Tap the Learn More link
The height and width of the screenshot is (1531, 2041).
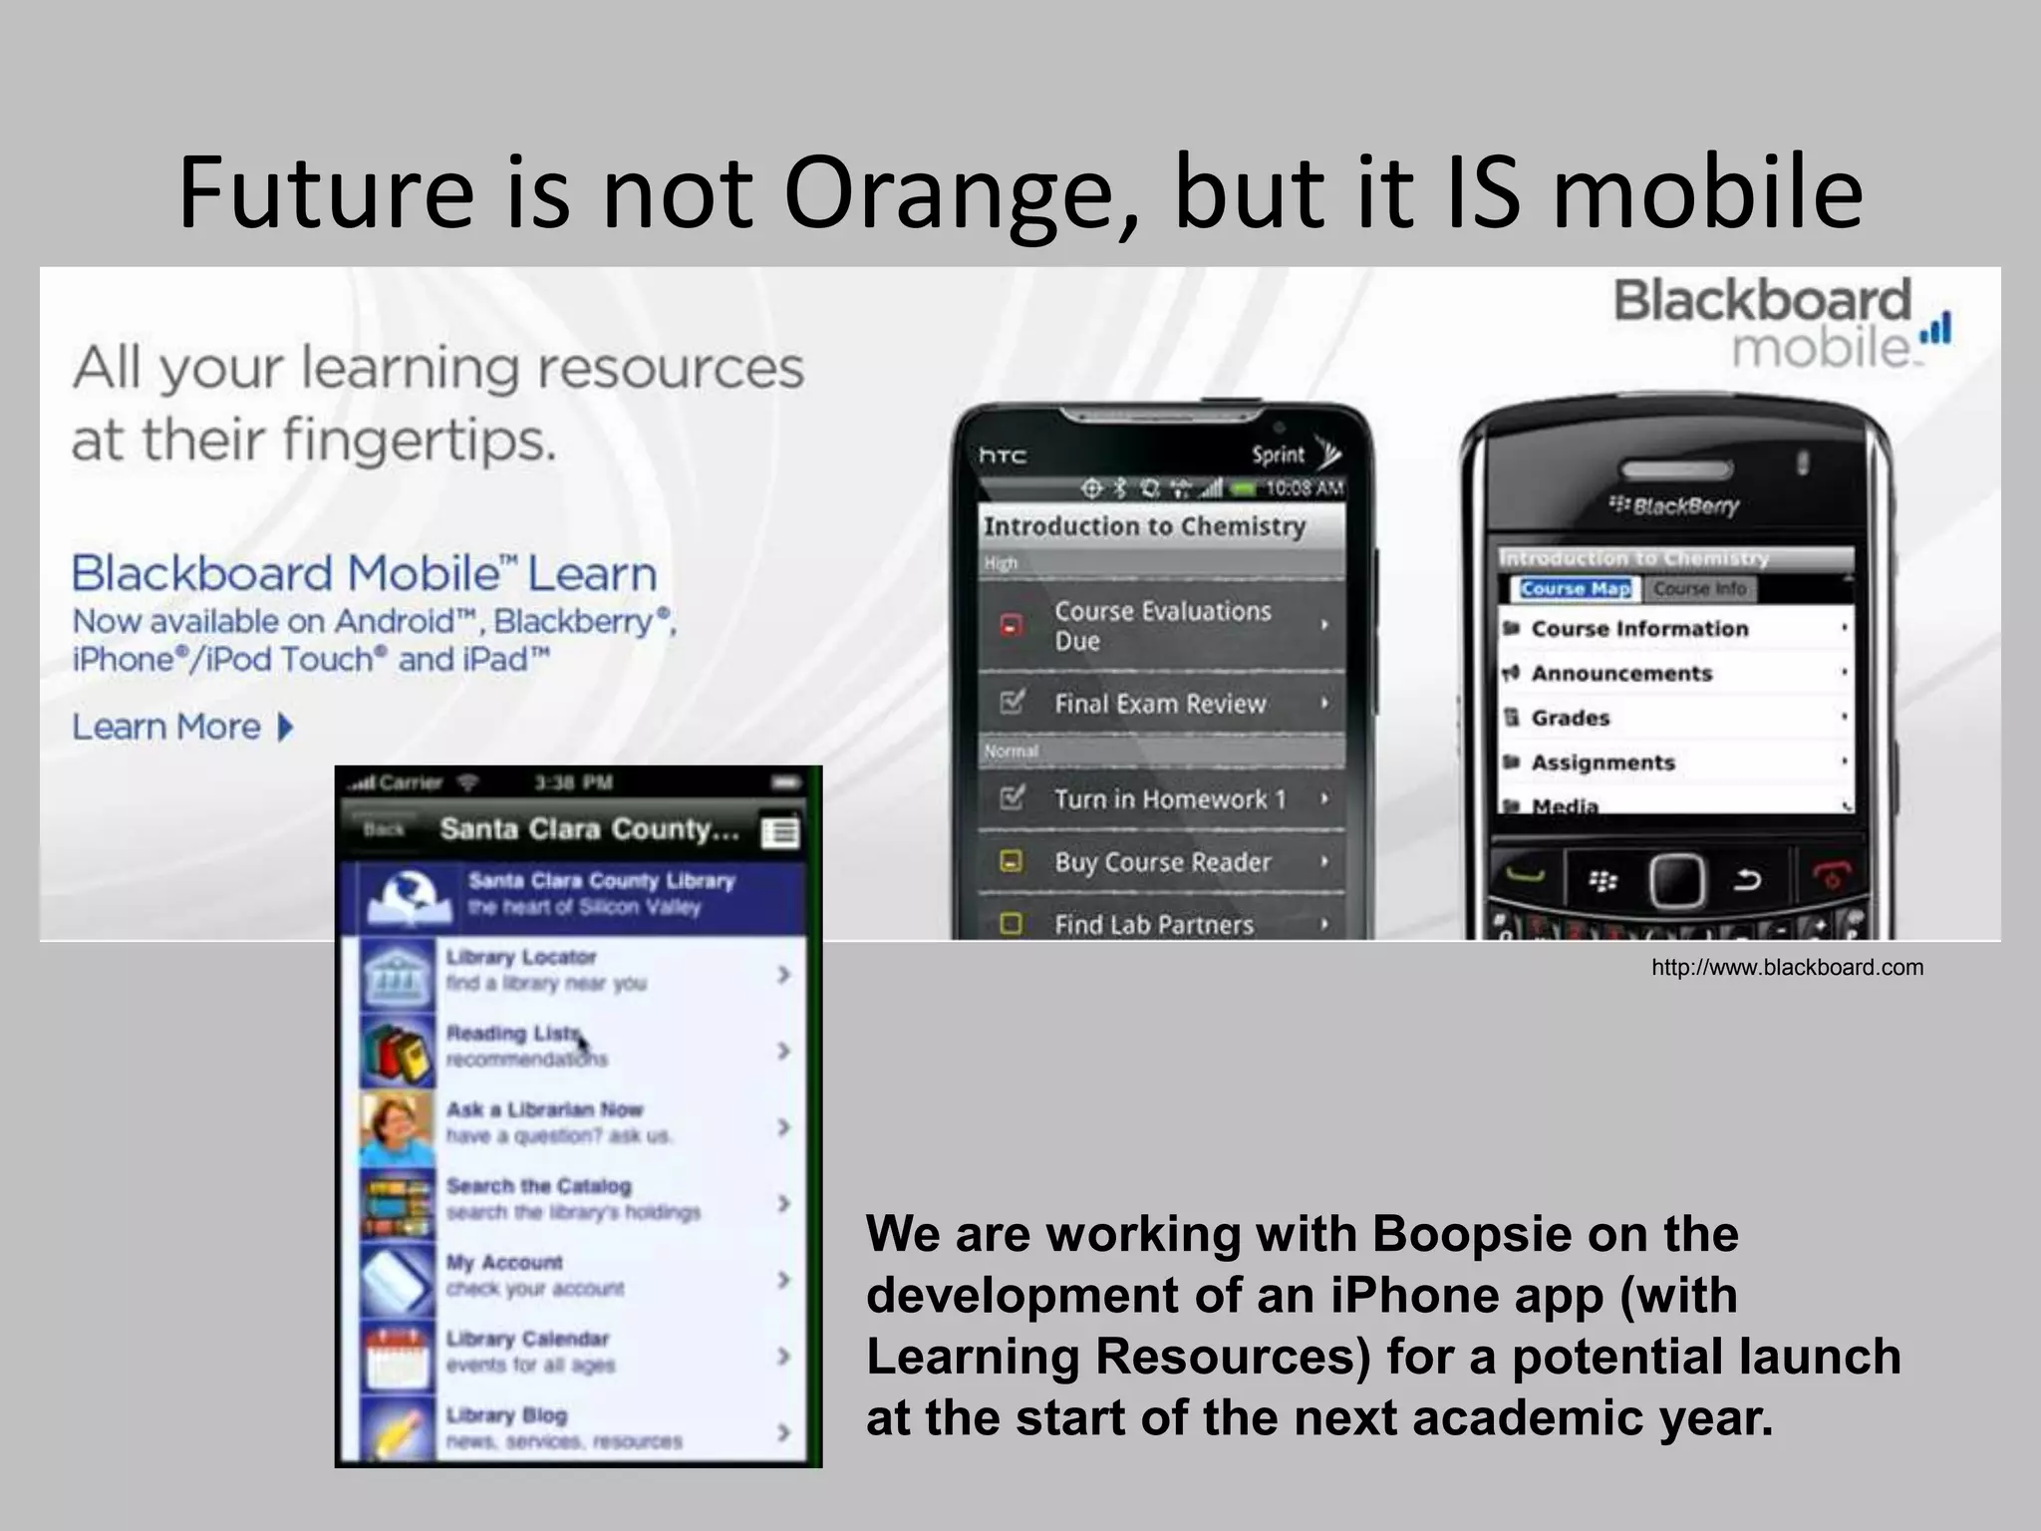[183, 727]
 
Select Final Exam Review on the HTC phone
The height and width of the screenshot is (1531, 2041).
[1160, 704]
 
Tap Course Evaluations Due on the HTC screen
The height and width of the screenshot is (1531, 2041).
[1162, 625]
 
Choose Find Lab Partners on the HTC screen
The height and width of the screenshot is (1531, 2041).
[1154, 925]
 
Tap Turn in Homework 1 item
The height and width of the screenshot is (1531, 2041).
[1170, 799]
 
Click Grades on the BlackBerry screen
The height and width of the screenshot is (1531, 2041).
[1570, 718]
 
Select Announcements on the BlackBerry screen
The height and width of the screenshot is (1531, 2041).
[1620, 674]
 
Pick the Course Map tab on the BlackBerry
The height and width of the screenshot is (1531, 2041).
[1575, 589]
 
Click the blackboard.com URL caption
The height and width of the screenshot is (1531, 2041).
[1787, 967]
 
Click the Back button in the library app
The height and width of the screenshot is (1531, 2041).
[384, 829]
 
